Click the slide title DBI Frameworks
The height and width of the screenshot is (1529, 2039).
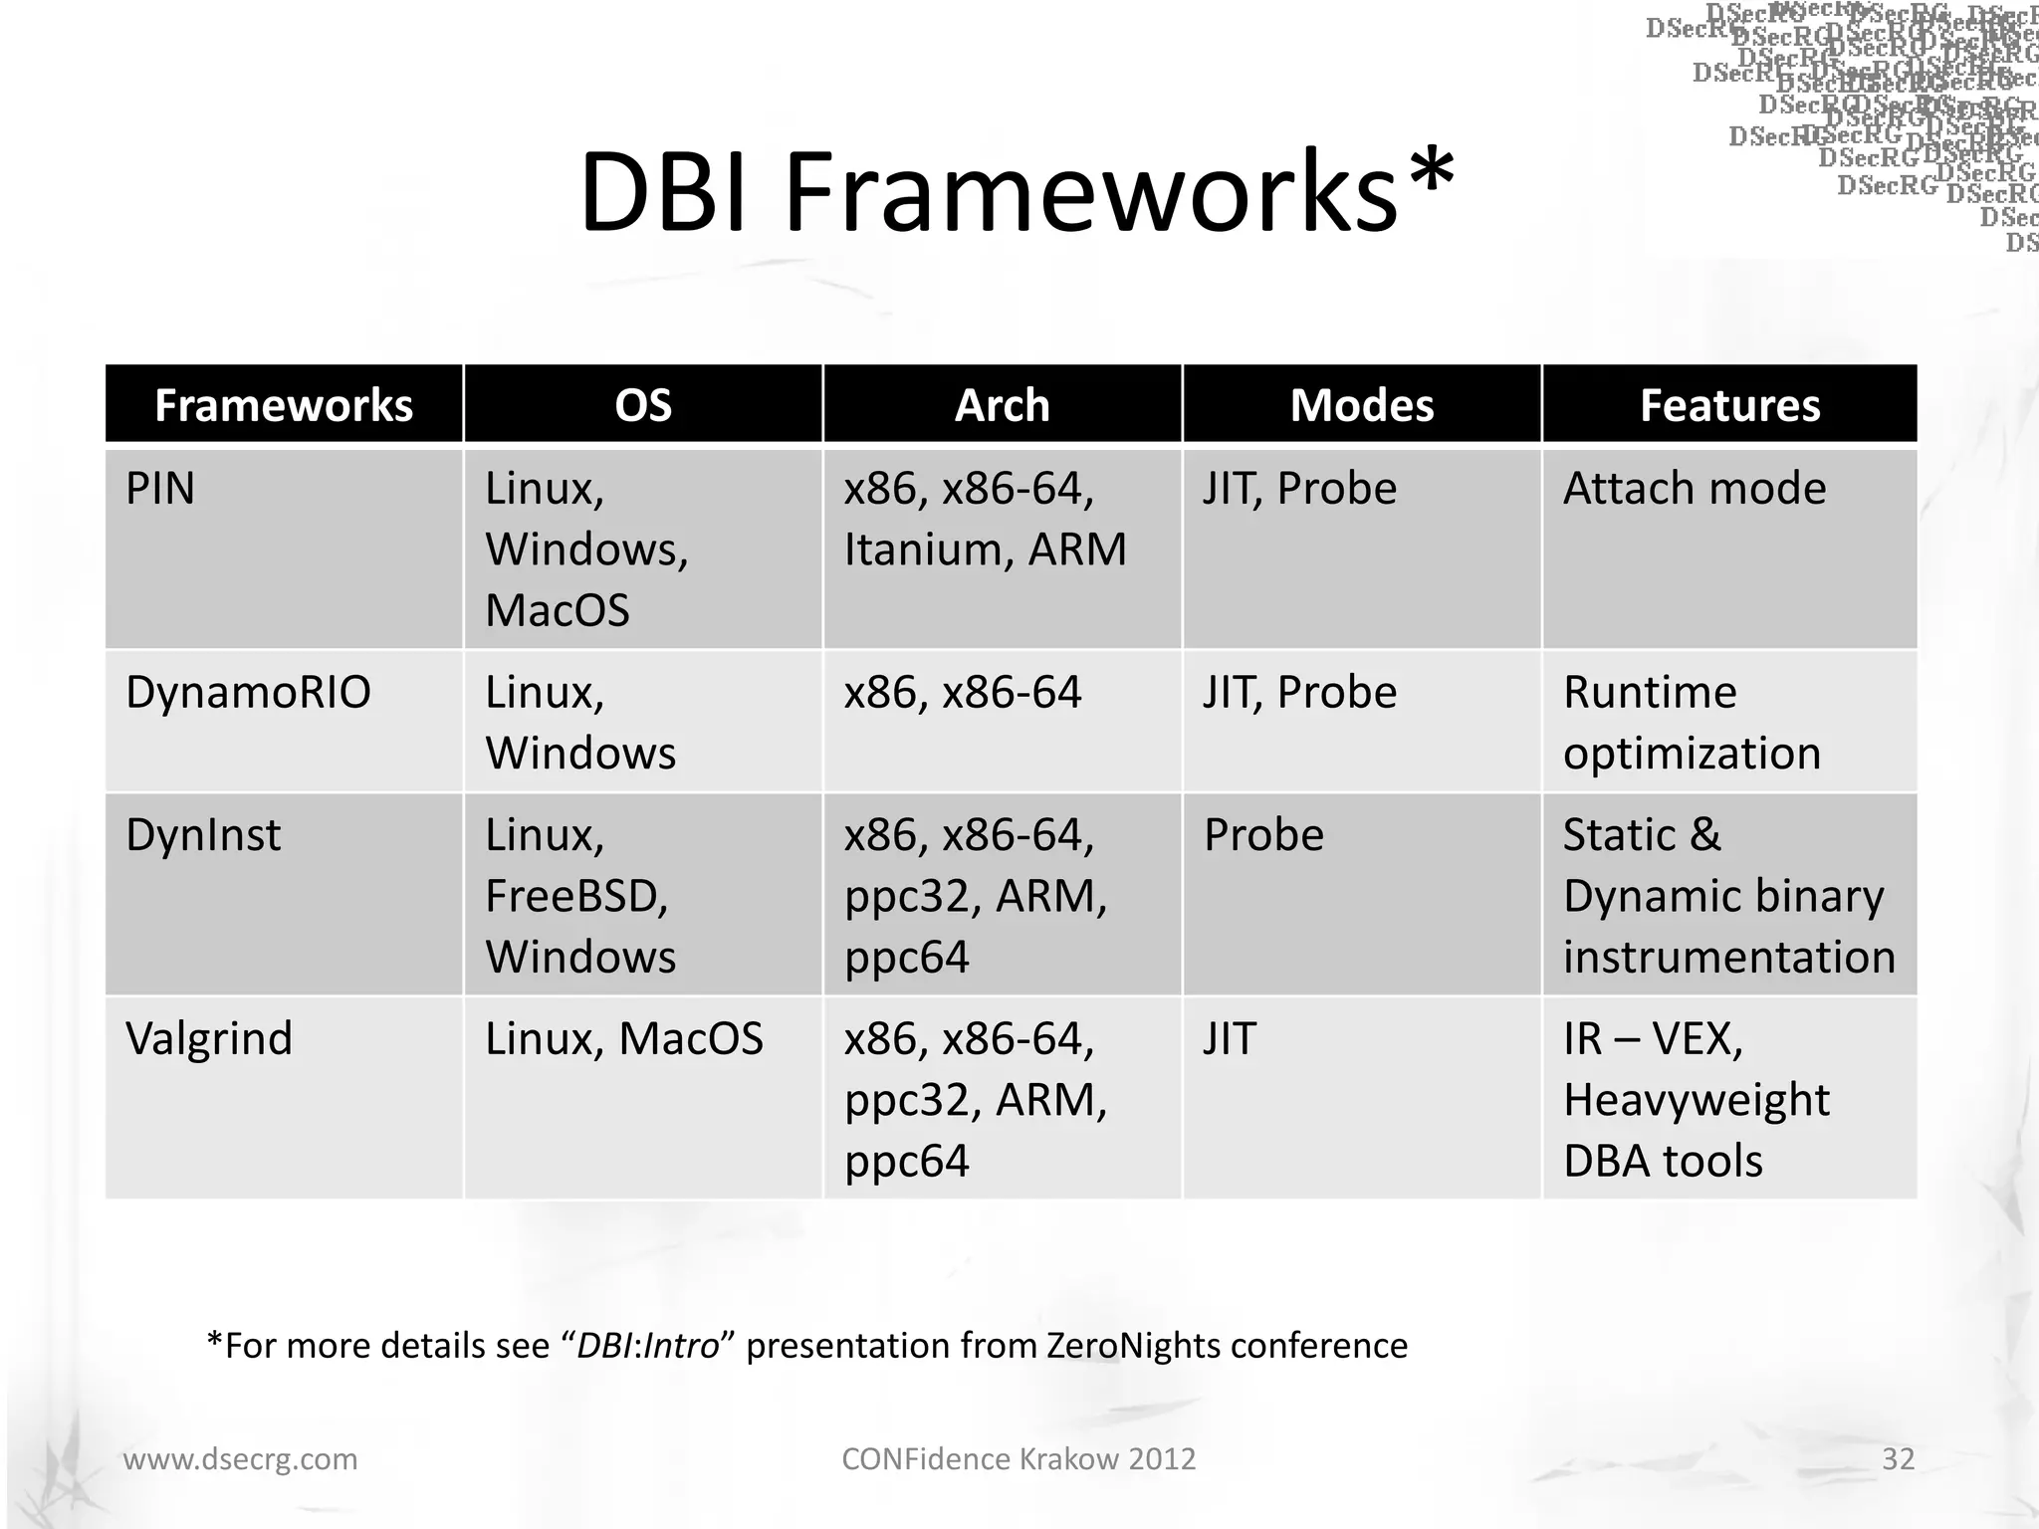[1016, 191]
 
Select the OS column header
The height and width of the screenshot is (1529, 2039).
[643, 405]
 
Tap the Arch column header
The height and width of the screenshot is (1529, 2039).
[1002, 405]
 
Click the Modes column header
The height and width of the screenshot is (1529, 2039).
[1361, 405]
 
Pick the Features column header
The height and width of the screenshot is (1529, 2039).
[1729, 405]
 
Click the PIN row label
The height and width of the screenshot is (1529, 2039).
[160, 489]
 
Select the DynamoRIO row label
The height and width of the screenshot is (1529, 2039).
[248, 692]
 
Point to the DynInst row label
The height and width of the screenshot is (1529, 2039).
[203, 835]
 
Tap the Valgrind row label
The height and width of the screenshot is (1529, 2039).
[209, 1039]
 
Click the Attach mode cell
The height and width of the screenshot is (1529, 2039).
[1695, 489]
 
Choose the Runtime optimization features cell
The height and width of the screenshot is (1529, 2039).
[1691, 723]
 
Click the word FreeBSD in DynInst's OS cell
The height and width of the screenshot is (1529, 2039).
[575, 896]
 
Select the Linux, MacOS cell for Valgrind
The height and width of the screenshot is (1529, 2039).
[623, 1039]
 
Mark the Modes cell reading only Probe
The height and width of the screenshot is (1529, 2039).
[1263, 835]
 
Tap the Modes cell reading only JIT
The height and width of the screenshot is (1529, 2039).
[1230, 1039]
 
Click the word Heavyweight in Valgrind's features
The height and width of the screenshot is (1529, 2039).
[1696, 1100]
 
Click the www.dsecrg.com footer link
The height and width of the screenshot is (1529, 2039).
[240, 1459]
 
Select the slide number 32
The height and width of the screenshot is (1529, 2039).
[1898, 1459]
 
